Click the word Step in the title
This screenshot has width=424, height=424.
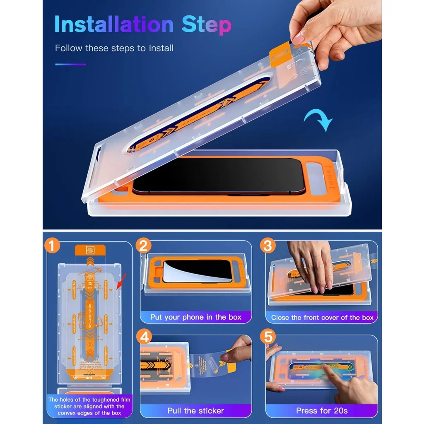tap(206, 24)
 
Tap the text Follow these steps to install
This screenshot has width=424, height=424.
tap(114, 48)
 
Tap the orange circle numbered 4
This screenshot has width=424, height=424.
tap(144, 337)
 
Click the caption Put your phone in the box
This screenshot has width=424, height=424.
tap(195, 317)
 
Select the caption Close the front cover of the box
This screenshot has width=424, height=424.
tap(322, 318)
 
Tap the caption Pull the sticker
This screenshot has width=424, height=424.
tap(195, 411)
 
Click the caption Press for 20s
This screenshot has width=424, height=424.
tap(322, 411)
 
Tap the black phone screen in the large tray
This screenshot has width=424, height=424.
tap(219, 175)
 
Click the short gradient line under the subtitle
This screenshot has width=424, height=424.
tap(70, 64)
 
